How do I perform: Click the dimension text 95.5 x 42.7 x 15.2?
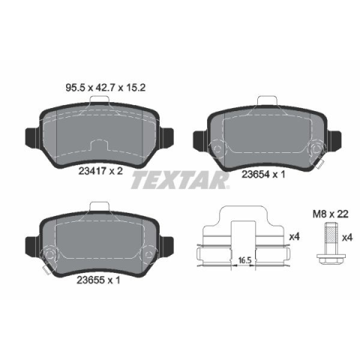tap(105, 88)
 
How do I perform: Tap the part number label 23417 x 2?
tap(100, 171)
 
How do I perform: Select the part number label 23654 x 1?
tap(263, 174)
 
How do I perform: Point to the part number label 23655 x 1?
tap(98, 280)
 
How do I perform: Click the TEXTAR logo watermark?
tap(180, 180)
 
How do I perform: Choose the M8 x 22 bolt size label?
tap(331, 214)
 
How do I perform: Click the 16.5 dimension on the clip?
tap(244, 260)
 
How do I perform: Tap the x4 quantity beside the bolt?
tap(347, 238)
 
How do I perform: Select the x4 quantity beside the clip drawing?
tap(294, 237)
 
